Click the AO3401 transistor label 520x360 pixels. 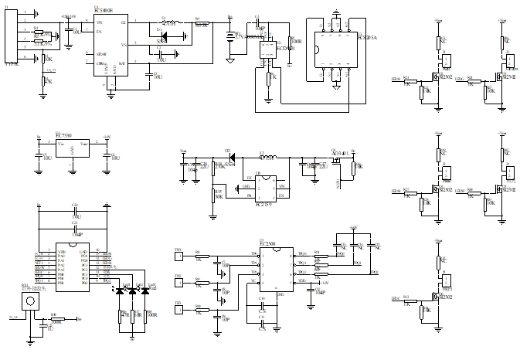(340, 154)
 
